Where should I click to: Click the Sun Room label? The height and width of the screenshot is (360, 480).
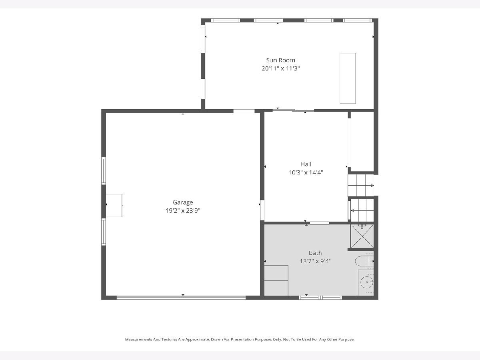click(x=280, y=60)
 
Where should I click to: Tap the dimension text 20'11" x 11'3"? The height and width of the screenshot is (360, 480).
click(x=280, y=68)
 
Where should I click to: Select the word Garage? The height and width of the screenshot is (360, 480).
click(x=183, y=203)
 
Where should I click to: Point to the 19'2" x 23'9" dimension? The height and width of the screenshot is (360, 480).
click(x=183, y=210)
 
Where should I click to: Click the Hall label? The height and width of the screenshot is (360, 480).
click(x=306, y=164)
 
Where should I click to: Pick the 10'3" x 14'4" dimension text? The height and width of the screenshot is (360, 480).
click(x=306, y=172)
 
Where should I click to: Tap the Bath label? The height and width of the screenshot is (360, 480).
click(x=315, y=253)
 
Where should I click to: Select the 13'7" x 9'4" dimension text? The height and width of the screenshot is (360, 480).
click(x=315, y=261)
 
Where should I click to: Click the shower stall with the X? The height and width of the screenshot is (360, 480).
click(x=362, y=236)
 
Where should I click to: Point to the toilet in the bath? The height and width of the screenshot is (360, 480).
click(x=364, y=261)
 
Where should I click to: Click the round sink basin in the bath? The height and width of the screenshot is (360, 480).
click(x=366, y=282)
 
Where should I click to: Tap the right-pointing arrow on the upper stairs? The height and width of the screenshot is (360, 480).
click(x=371, y=186)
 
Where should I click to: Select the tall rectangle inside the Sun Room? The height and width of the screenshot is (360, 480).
click(x=348, y=78)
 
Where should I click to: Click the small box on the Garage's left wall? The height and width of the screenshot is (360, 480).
click(x=114, y=206)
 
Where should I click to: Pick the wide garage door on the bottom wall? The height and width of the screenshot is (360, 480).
click(x=181, y=298)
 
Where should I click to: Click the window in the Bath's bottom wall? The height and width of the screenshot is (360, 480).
click(x=320, y=298)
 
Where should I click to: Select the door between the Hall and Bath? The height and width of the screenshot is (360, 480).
click(x=320, y=223)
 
